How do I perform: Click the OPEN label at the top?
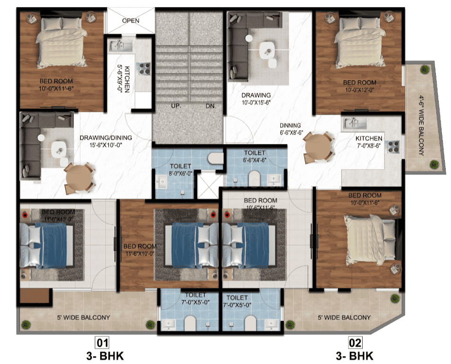click(x=130, y=21)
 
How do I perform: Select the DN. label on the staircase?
click(x=211, y=106)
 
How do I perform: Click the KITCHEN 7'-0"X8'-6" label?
click(x=369, y=142)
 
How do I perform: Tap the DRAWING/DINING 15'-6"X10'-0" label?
click(x=105, y=141)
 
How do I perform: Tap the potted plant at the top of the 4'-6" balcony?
click(x=423, y=70)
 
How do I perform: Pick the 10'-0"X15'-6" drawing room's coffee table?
click(x=268, y=49)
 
